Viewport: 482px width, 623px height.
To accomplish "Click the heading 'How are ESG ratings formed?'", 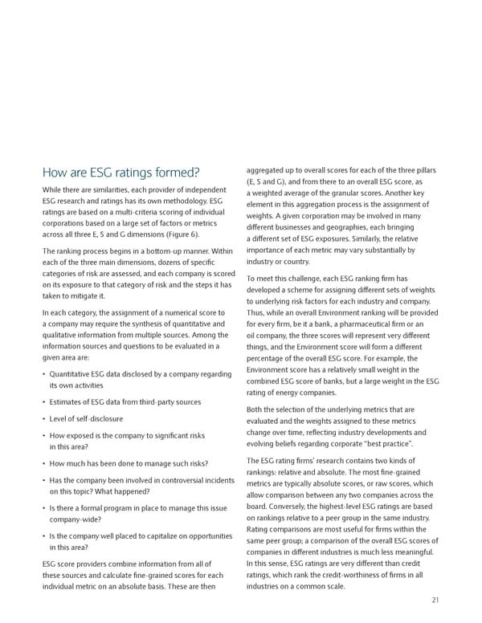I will pos(120,173).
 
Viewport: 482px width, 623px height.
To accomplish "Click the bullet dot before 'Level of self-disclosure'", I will pos(43,419).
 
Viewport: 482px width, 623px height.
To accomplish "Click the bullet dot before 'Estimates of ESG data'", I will pos(43,402).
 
